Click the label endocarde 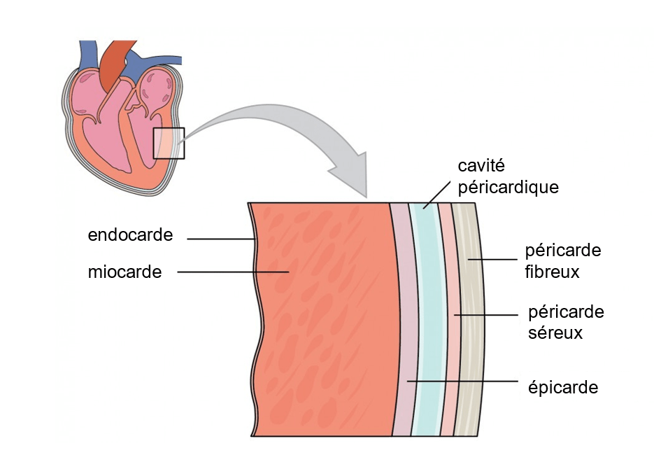coord(130,235)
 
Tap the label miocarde coord(125,272)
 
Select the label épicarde coord(564,387)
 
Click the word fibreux coord(552,272)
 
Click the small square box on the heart coord(169,143)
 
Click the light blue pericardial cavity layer coord(426,315)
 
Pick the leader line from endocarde coord(220,239)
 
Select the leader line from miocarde coord(231,272)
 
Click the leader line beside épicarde coord(462,381)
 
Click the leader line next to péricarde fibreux coord(493,260)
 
